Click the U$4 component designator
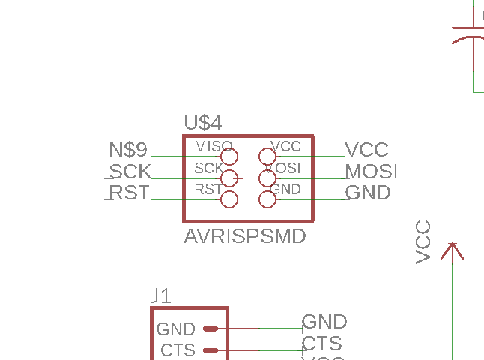click(x=202, y=123)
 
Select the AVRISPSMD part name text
click(x=245, y=237)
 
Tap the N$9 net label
click(x=129, y=149)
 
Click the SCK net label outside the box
click(x=130, y=172)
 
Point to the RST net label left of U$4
click(x=130, y=193)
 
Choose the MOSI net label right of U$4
click(x=371, y=172)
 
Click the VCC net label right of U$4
click(x=366, y=150)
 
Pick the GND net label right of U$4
click(x=368, y=193)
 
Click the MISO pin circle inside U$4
click(x=229, y=157)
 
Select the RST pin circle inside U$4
click(x=229, y=199)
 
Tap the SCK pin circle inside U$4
click(x=229, y=178)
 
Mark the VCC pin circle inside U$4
click(x=267, y=157)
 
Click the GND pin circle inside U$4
click(x=267, y=199)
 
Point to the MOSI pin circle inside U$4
click(x=267, y=178)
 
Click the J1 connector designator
click(x=161, y=295)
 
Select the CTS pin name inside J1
click(x=178, y=350)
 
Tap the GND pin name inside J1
click(x=176, y=329)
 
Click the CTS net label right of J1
click(x=321, y=343)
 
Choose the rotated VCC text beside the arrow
click(x=424, y=241)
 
